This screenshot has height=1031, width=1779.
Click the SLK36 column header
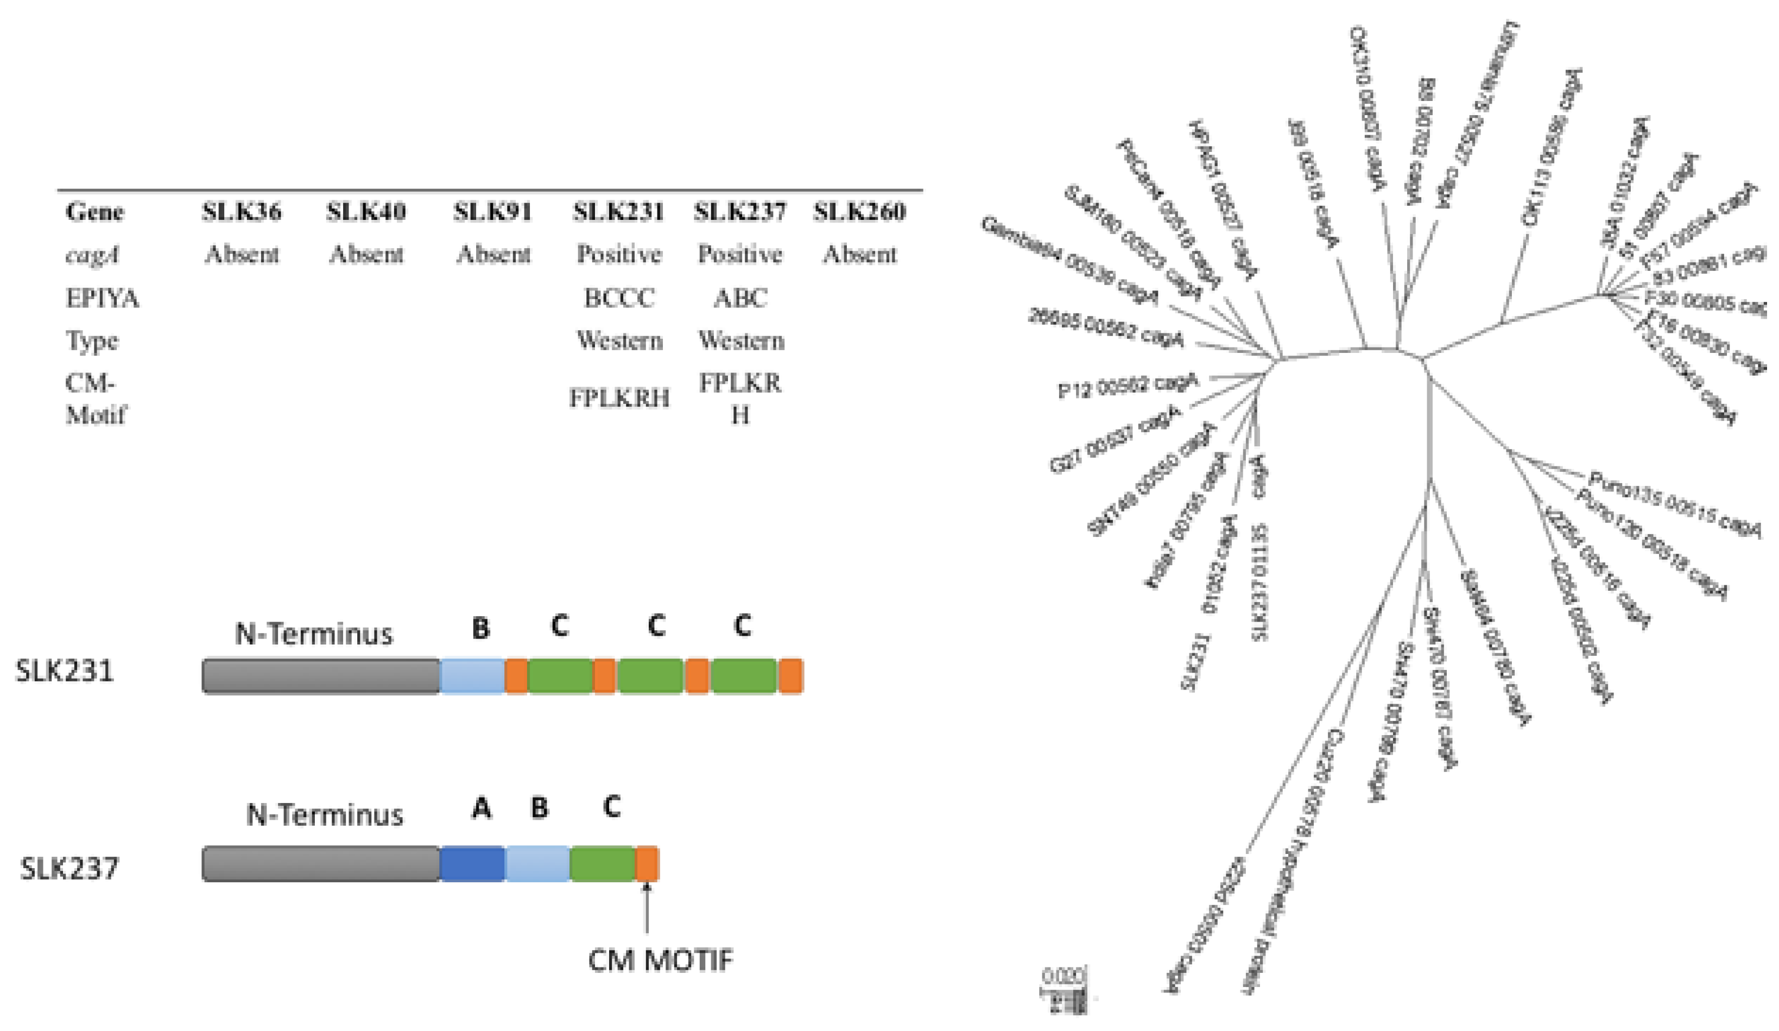(x=242, y=212)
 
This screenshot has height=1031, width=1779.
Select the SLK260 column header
(x=859, y=212)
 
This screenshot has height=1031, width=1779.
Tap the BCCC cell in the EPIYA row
(x=619, y=298)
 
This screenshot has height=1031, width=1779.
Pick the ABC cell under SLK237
(x=740, y=298)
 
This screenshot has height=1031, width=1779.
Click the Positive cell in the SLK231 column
(x=619, y=254)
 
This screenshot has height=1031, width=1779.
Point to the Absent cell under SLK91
(x=493, y=254)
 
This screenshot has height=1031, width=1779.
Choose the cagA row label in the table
(x=92, y=254)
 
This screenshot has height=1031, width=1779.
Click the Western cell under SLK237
(x=740, y=341)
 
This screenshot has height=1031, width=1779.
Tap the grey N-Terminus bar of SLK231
(x=321, y=676)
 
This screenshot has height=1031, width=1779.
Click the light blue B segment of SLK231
(x=472, y=676)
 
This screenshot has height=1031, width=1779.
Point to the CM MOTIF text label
(x=661, y=960)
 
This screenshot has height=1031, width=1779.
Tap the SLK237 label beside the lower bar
(x=68, y=869)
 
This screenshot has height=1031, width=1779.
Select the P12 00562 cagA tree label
(x=1128, y=385)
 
